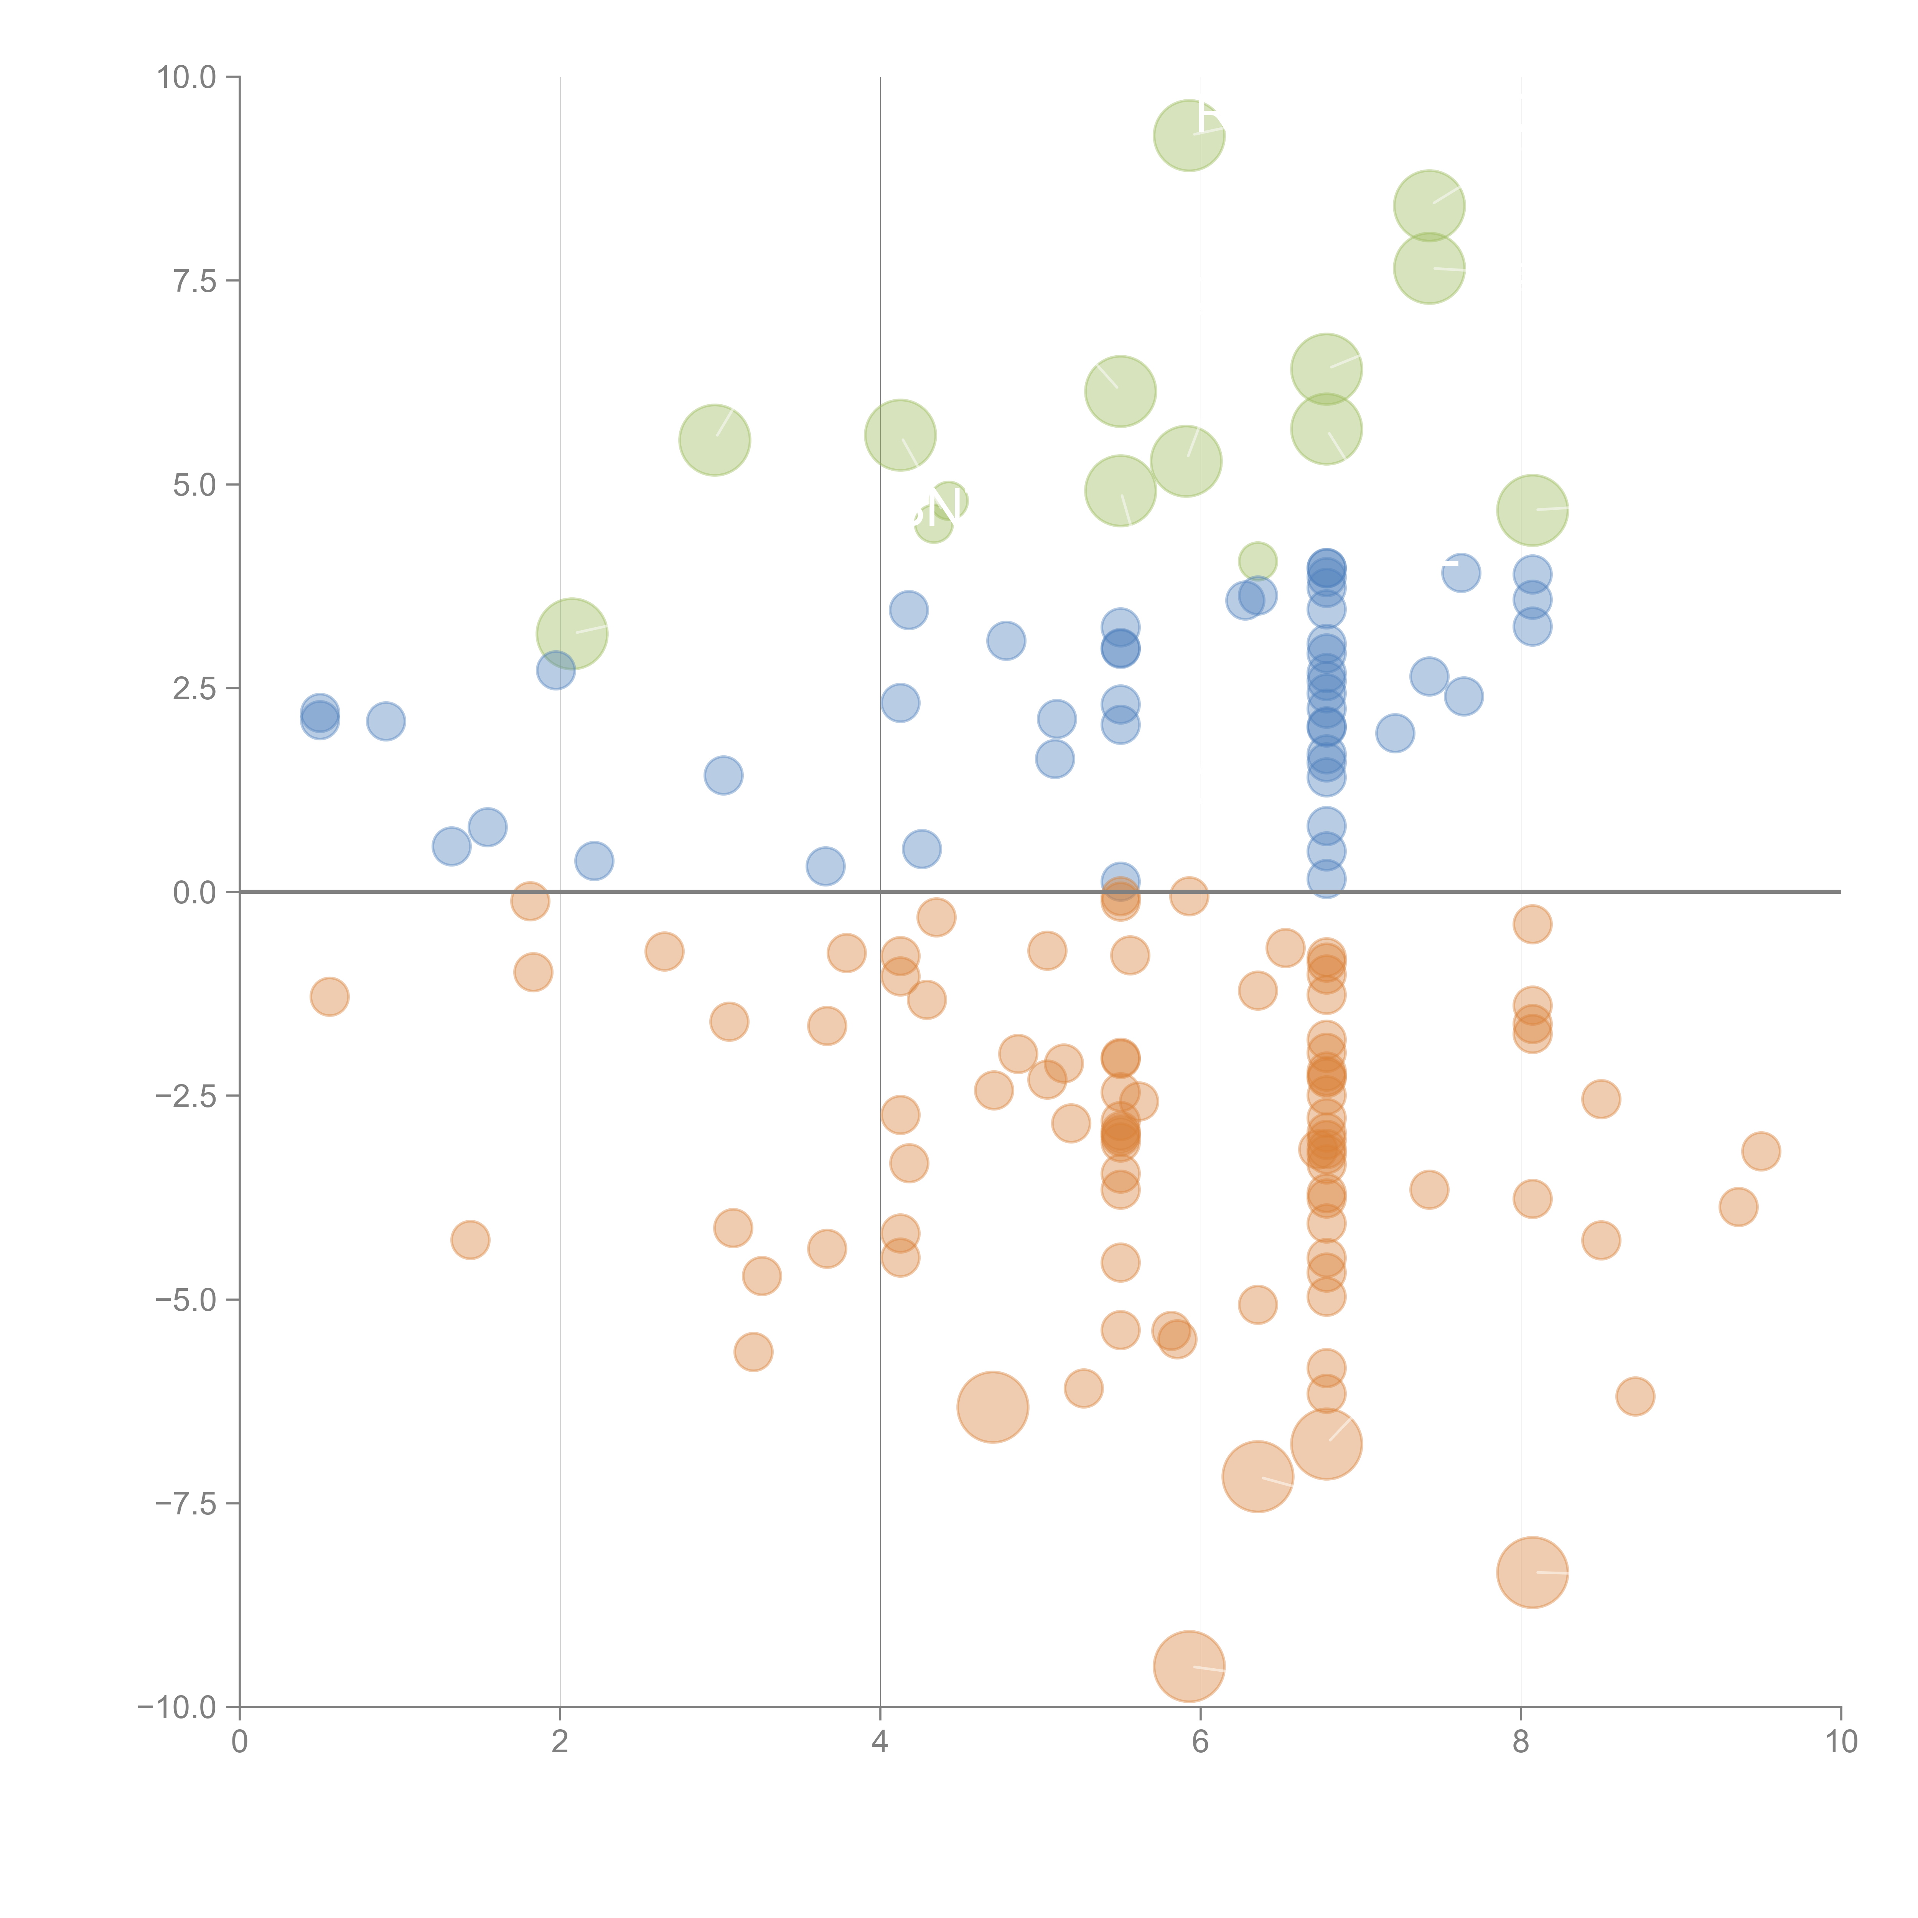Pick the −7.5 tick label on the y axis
[x=186, y=1504]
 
